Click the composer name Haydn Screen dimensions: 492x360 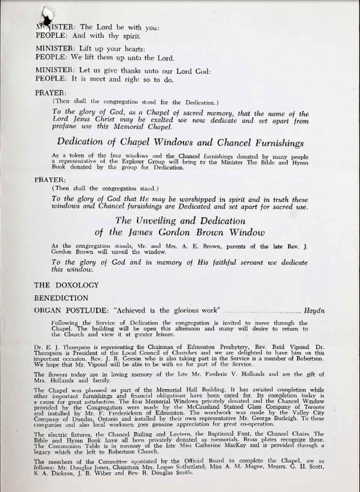[x=314, y=310]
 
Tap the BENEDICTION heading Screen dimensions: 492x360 [x=61, y=298]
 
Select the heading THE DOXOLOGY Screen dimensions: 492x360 [x=66, y=285]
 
